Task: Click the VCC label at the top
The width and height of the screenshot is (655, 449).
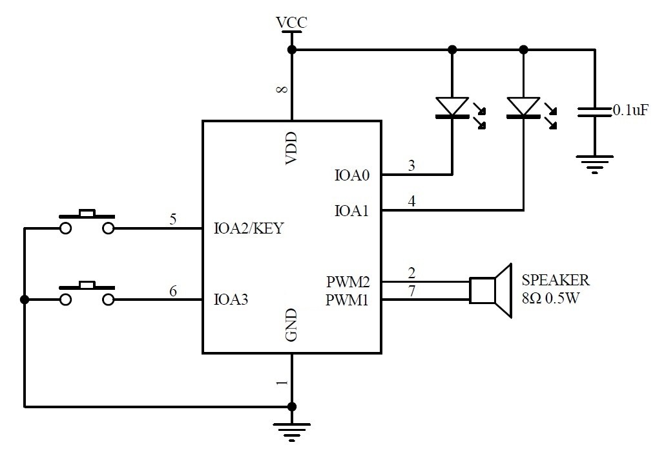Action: tap(291, 23)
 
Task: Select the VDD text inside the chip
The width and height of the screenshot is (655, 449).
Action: tap(291, 148)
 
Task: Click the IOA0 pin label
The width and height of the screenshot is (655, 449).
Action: tap(352, 175)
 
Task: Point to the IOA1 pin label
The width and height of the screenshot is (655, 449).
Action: tap(352, 210)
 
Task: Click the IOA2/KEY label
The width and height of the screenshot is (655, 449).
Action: tap(248, 228)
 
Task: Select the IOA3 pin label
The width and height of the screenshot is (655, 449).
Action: tap(232, 300)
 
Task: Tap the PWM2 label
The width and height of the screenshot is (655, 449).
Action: tap(348, 282)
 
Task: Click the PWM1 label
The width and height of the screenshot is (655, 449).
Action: tap(348, 300)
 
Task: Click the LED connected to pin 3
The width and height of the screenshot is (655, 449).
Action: tap(452, 107)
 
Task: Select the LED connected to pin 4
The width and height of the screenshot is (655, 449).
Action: tap(523, 107)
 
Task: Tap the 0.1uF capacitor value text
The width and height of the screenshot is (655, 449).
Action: tap(630, 111)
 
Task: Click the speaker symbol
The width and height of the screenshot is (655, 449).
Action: tap(491, 290)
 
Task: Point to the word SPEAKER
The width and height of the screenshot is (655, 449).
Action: tap(555, 280)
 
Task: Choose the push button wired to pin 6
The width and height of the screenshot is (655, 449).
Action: tap(87, 292)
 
